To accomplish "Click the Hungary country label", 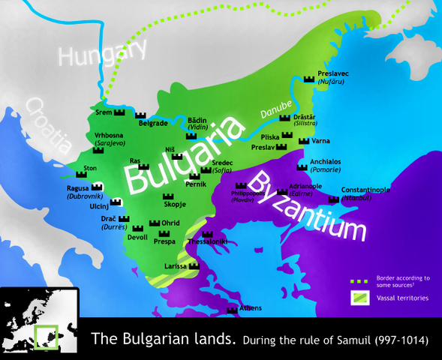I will (104, 54).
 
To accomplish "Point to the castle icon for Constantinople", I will (333, 200).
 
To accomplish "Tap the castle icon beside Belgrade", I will (140, 115).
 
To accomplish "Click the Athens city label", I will (251, 308).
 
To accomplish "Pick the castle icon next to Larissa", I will (194, 265).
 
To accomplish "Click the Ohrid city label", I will (170, 223).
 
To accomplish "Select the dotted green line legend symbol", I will (360, 281).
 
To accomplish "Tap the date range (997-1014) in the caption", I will (396, 340).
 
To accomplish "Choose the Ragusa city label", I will (78, 187).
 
